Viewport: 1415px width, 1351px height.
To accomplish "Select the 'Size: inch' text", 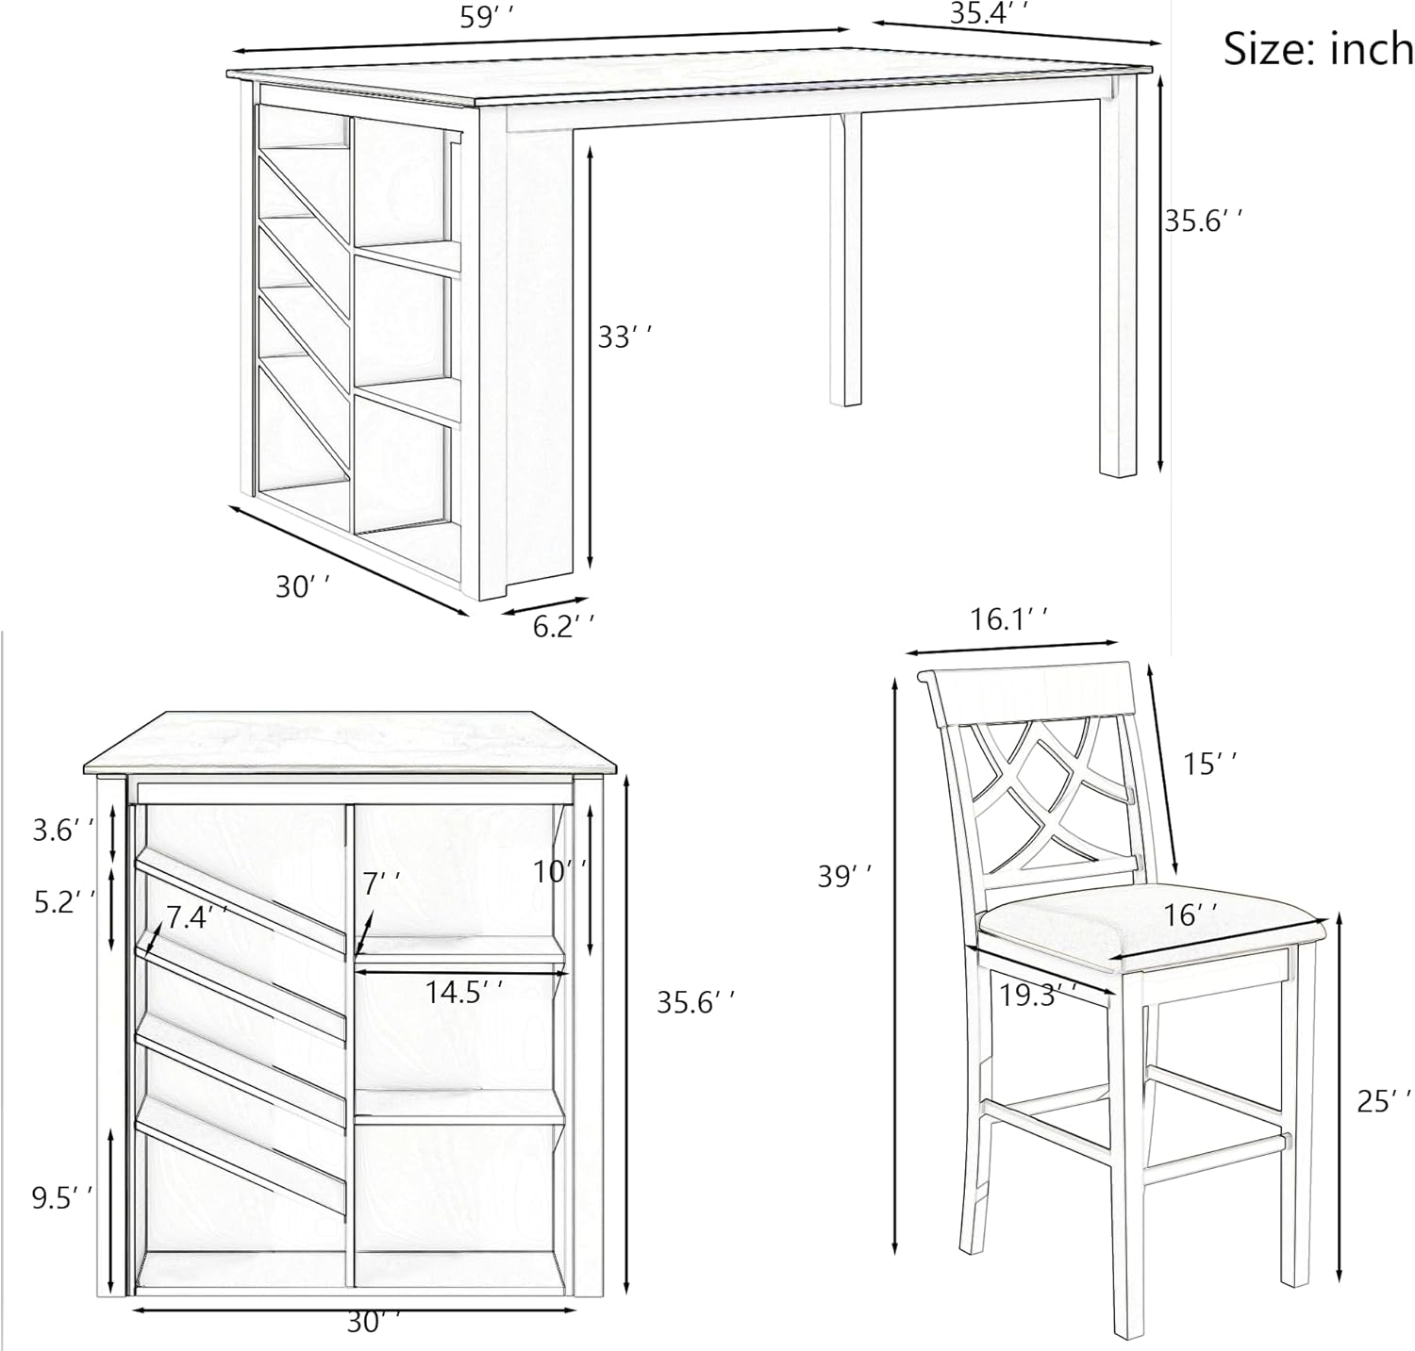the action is [x=1318, y=47].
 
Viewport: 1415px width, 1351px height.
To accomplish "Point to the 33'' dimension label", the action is [x=624, y=337].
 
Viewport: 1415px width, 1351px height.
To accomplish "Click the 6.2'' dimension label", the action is [x=564, y=625].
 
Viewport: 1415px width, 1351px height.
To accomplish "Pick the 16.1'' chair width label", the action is [x=1009, y=619].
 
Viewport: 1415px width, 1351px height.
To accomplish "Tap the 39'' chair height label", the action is [x=844, y=876].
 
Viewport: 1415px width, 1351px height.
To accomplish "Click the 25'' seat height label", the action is [x=1385, y=1099].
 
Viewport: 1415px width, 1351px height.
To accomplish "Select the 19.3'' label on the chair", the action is [x=1038, y=994].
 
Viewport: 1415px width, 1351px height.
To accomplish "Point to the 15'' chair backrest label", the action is [x=1210, y=763].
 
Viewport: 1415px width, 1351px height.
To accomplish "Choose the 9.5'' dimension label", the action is [x=63, y=1198].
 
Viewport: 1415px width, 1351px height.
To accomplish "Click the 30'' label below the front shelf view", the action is [x=375, y=1323].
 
